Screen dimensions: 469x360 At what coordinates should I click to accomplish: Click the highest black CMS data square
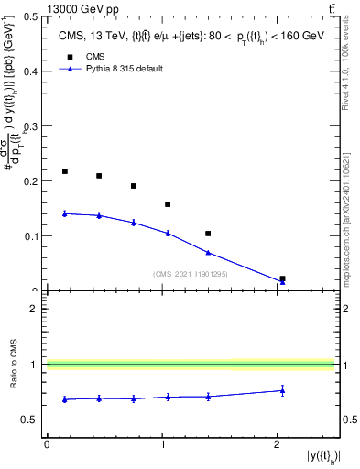point(65,171)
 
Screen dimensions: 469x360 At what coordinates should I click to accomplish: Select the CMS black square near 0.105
point(208,234)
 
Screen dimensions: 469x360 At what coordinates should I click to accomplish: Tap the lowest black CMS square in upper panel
point(282,278)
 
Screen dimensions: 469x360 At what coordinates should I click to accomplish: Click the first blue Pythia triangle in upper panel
point(65,213)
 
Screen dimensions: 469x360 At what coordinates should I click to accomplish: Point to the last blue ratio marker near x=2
point(282,390)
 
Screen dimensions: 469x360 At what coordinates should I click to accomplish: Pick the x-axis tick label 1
point(163,444)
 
